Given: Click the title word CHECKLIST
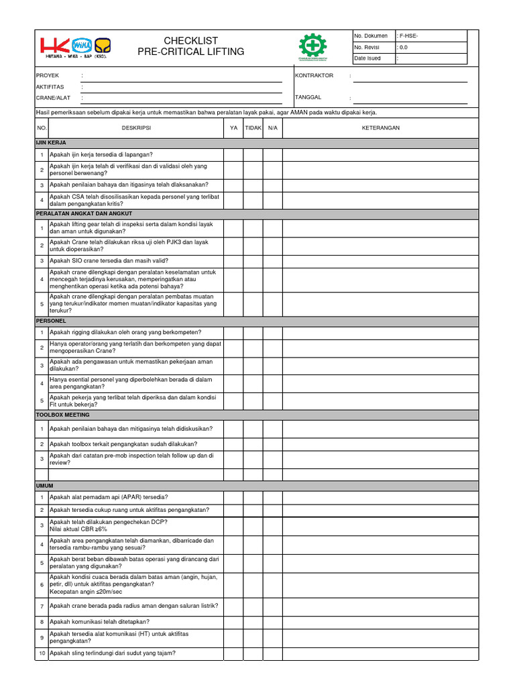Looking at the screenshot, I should click(x=191, y=41).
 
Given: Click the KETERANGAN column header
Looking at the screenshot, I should click(x=381, y=127).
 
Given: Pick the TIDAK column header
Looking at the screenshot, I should click(x=253, y=127).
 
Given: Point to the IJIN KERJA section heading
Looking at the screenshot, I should click(x=51, y=143).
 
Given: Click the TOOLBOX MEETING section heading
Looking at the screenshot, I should click(x=62, y=415).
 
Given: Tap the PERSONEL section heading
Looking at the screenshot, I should click(x=51, y=321).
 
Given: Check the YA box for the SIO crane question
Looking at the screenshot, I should click(x=233, y=260).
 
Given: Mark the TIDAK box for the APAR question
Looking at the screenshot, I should click(x=253, y=497).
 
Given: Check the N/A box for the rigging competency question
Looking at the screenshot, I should click(x=272, y=332).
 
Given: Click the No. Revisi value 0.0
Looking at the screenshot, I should click(x=403, y=47).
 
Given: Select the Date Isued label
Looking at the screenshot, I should click(x=367, y=58).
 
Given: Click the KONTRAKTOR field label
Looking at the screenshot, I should click(x=314, y=76).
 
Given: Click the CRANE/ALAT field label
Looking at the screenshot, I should click(x=53, y=98).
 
